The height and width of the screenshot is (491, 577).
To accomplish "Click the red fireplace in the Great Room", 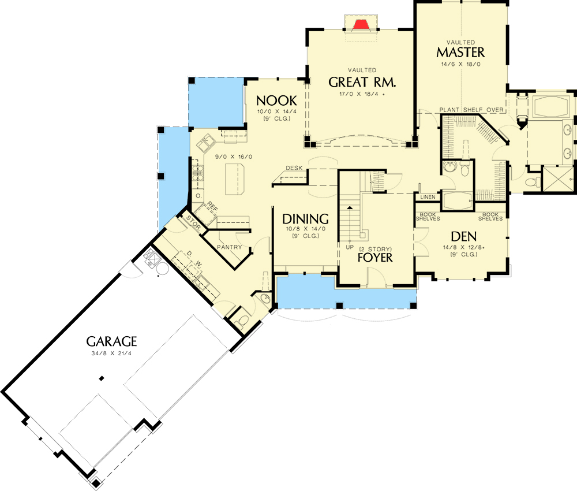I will [x=361, y=24].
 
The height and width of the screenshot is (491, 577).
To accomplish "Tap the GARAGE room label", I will [x=112, y=341].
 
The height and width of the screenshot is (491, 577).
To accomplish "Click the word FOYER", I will [x=374, y=257].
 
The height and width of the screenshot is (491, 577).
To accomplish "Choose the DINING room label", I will [x=305, y=219].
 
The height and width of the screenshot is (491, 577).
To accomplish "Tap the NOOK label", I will [x=277, y=99].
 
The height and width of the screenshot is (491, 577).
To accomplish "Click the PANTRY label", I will [x=228, y=248].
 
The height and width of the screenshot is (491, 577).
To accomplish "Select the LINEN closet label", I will [x=428, y=198].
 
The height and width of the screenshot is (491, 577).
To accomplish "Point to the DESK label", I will [x=294, y=168].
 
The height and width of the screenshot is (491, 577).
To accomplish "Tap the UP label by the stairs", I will [x=349, y=247].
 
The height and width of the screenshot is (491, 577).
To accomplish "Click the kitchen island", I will [x=236, y=180].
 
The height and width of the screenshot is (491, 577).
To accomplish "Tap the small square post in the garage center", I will [x=102, y=378].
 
